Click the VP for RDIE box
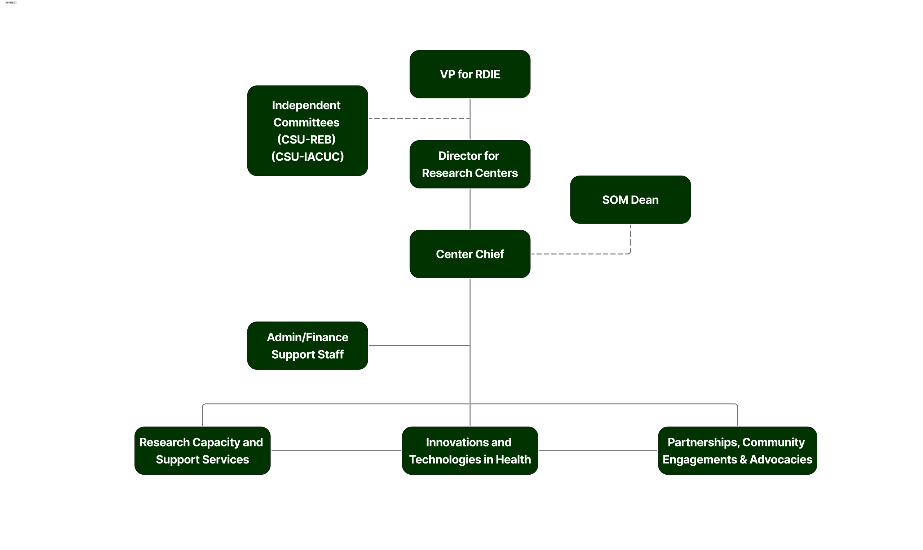pos(470,74)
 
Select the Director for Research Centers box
pos(470,164)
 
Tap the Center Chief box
pos(470,254)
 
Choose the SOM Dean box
pos(630,200)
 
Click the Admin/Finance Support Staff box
pos(307,345)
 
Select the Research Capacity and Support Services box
pos(202,451)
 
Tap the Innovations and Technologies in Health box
pos(470,451)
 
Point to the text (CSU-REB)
pos(306,139)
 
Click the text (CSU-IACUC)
pos(307,156)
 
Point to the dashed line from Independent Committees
pos(419,119)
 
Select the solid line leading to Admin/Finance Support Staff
pos(419,345)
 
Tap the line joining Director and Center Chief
pos(470,209)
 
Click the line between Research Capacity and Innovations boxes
pos(336,451)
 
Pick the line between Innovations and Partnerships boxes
pos(597,451)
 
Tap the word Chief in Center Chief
pos(490,254)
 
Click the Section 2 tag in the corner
pos(10,3)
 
